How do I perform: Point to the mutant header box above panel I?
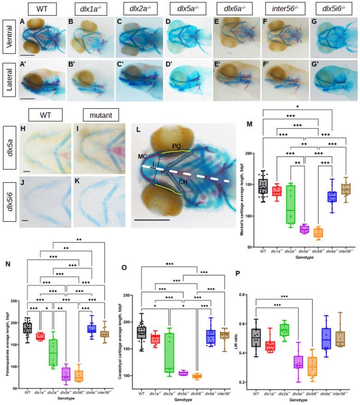tap(99, 113)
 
